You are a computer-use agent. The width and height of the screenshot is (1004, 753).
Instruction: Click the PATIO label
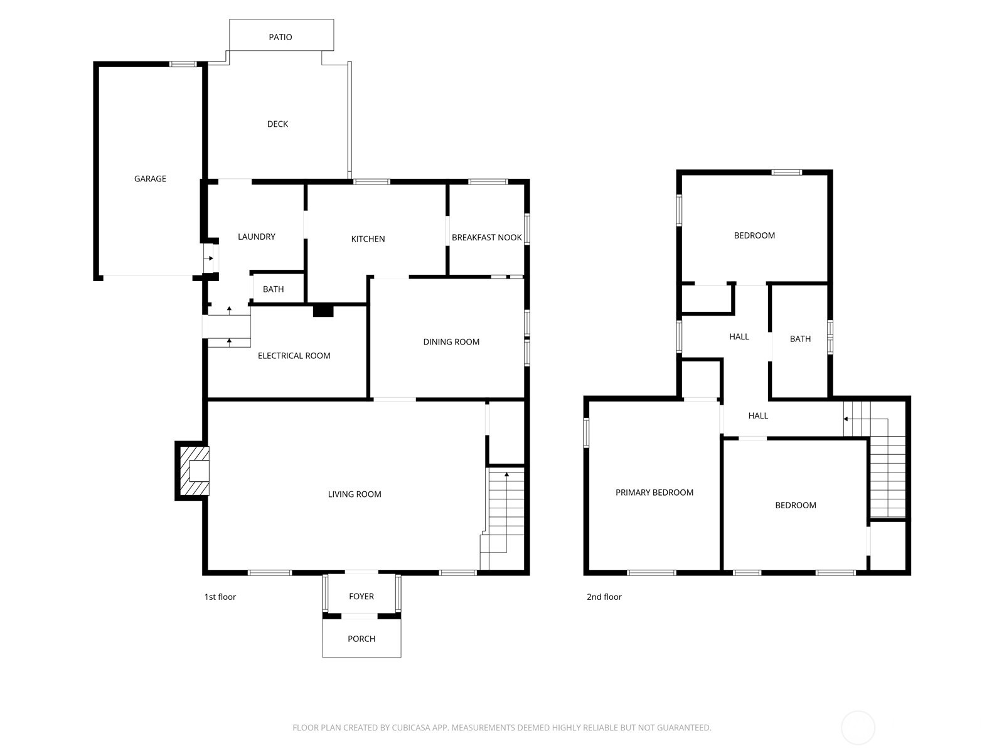[280, 37]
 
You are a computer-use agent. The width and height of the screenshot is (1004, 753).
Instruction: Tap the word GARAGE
[150, 179]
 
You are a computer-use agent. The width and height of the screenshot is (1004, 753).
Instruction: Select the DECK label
[277, 124]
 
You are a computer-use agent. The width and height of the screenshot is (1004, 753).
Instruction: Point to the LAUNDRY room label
[256, 237]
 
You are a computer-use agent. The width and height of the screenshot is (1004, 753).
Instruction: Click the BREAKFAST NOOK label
[486, 238]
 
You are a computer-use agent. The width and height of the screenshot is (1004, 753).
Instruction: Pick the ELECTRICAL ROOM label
[294, 356]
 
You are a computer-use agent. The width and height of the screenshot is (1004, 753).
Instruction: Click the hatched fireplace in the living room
[194, 471]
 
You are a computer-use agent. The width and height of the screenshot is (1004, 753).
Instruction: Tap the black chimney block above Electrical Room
[323, 310]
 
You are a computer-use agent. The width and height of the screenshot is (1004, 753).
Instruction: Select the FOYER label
[361, 597]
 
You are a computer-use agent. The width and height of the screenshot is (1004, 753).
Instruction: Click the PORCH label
[361, 639]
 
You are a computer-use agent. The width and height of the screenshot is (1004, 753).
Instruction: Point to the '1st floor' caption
[220, 597]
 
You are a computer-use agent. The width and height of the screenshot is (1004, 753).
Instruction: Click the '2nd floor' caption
[604, 597]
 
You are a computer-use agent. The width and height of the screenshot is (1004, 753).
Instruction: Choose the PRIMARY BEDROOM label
[654, 493]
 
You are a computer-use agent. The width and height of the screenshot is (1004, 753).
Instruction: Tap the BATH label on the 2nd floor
[800, 339]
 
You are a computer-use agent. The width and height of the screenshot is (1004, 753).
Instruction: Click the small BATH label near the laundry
[273, 289]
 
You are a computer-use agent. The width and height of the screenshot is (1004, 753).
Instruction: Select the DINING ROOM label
[451, 342]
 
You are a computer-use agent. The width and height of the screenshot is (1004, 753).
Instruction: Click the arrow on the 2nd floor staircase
[846, 419]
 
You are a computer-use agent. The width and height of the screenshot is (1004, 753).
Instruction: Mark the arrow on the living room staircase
[507, 475]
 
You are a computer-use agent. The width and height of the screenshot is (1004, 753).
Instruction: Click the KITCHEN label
[368, 239]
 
